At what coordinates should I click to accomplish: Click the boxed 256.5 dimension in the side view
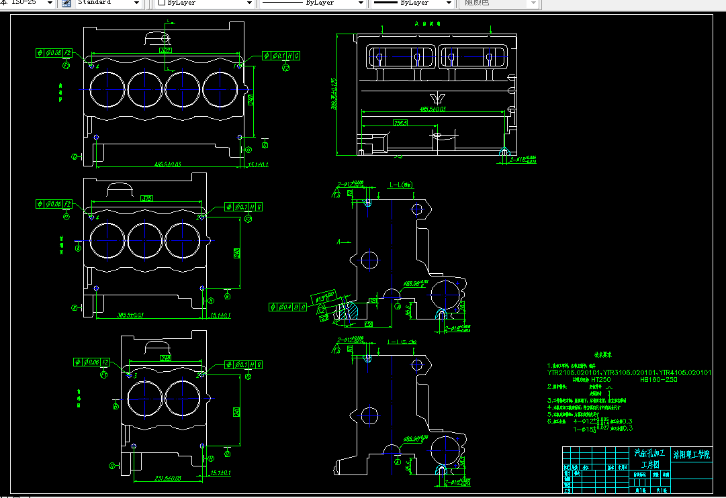(x=401, y=123)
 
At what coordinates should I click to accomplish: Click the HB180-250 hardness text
(x=659, y=380)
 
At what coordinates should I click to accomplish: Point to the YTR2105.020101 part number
(x=574, y=372)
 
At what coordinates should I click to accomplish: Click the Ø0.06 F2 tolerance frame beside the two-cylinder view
(x=92, y=362)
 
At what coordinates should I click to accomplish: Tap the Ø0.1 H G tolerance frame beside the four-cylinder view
(x=281, y=55)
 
